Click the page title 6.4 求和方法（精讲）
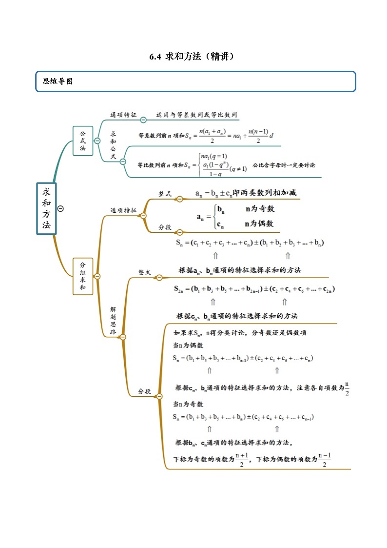coord(193,57)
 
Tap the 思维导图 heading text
coord(58,81)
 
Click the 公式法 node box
coord(83,141)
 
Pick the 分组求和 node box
coord(83,276)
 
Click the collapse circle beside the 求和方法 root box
coord(60,208)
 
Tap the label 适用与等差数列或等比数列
coord(196,115)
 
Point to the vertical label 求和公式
coord(113,145)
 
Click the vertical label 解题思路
coord(113,320)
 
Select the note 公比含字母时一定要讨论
coord(284,165)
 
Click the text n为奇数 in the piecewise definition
coord(260,209)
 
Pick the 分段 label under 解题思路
coord(144,391)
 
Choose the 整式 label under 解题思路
coord(144,273)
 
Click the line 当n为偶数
coord(188,345)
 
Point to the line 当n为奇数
coord(188,405)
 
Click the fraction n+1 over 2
coord(242,459)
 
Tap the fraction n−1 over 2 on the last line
coord(325,459)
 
